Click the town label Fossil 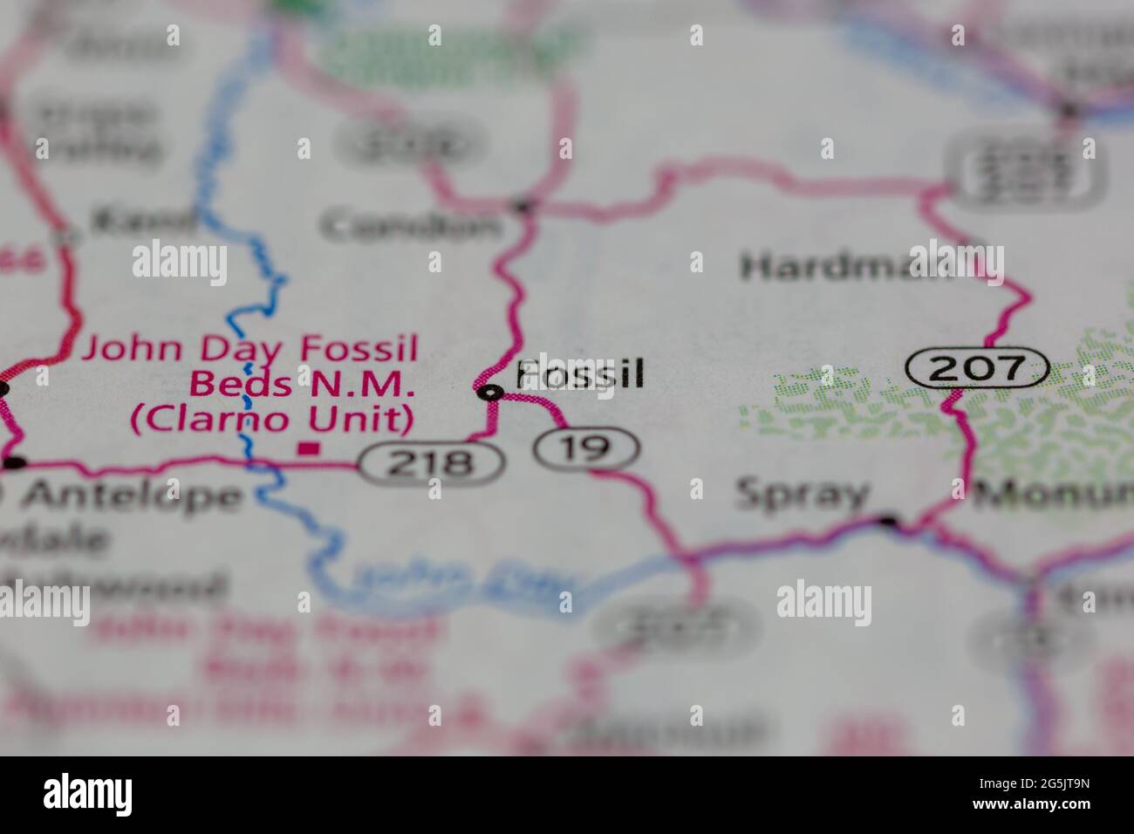580,373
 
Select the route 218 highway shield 432,462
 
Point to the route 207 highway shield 976,367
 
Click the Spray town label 803,495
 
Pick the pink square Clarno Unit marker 307,448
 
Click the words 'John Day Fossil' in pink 249,349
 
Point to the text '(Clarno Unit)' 271,419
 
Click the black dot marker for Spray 888,522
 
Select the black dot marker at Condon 523,207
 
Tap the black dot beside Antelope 15,462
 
